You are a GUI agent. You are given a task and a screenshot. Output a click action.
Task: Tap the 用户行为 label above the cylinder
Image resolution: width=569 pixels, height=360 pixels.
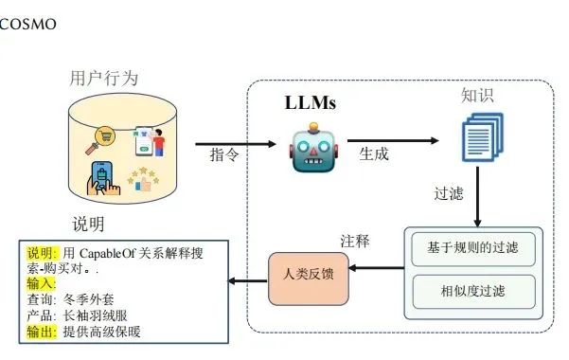[x=104, y=77]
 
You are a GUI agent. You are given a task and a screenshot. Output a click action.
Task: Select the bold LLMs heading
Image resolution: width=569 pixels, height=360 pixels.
[x=311, y=102]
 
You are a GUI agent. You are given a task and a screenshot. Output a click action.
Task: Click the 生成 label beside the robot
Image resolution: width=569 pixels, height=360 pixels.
[x=374, y=152]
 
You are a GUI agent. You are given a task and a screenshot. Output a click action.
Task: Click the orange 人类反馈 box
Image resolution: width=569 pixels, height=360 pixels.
[x=308, y=274]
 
